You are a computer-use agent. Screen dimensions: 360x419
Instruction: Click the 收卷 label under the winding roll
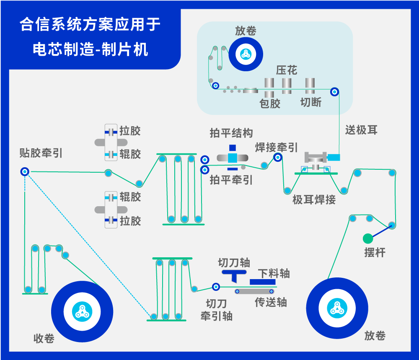[44, 339]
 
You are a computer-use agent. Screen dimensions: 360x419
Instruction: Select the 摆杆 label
[375, 253]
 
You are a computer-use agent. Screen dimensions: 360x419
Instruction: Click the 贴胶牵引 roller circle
[24, 171]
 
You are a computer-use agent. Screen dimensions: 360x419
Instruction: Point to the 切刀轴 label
[234, 263]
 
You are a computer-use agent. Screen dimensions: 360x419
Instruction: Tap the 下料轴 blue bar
[263, 282]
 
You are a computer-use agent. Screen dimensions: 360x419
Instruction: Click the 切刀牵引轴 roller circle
[216, 287]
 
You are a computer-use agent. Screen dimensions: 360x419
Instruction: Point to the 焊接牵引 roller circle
[277, 158]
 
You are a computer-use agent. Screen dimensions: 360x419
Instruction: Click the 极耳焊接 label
[314, 199]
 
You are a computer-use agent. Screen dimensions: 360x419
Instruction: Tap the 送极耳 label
[361, 130]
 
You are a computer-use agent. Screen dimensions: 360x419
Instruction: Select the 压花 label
[287, 70]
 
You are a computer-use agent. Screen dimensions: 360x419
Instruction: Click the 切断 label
[311, 102]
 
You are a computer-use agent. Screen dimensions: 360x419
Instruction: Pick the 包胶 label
[270, 103]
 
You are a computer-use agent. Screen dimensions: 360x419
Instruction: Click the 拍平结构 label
[231, 133]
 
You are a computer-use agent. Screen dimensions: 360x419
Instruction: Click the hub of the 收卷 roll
[81, 311]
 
